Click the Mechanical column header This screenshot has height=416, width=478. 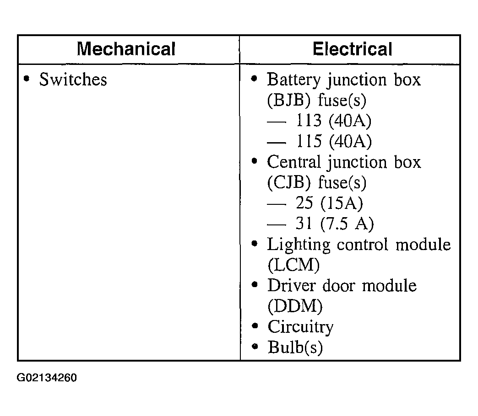[126, 49]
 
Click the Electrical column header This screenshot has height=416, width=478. [352, 49]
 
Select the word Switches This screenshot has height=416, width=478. [73, 80]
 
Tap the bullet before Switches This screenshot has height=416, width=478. [27, 79]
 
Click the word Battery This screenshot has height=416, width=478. [293, 80]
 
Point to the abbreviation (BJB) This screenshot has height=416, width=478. [289, 100]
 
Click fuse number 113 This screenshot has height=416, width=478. [309, 120]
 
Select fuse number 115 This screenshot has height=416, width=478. [309, 141]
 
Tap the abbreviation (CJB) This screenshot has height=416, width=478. [289, 182]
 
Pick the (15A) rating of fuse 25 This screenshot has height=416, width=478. [342, 203]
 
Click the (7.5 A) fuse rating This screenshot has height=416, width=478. [347, 224]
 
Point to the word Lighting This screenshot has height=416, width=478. [299, 245]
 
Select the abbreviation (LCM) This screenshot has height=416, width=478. [293, 265]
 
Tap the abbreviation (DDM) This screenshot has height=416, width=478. [295, 306]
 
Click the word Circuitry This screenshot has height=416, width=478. [300, 327]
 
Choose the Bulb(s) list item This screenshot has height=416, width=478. [295, 347]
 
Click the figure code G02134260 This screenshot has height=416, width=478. [47, 378]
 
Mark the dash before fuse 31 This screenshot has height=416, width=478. [277, 225]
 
